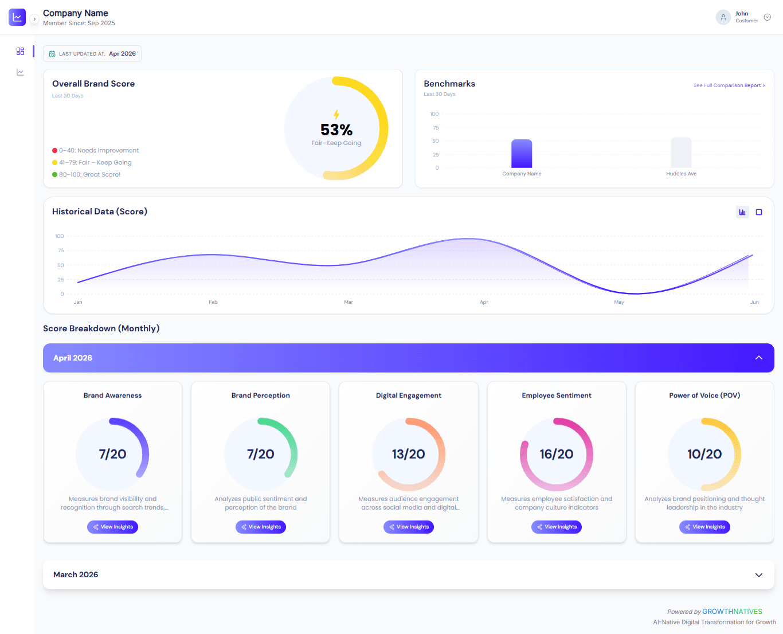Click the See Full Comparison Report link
[729, 85]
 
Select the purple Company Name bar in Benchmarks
[522, 154]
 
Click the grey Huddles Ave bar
[681, 152]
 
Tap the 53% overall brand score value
[336, 130]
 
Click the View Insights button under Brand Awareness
[112, 527]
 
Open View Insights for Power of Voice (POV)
[704, 527]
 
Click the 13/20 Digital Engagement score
[409, 454]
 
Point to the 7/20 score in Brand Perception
[261, 454]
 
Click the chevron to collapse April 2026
[759, 358]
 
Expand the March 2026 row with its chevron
[759, 575]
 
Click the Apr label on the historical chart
[484, 302]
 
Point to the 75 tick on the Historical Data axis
[61, 251]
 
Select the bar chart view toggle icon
[742, 212]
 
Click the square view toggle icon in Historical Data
[759, 212]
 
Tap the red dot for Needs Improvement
[55, 150]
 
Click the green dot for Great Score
[55, 175]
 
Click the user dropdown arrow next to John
[768, 17]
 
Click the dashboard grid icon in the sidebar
[20, 51]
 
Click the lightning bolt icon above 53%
[336, 115]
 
